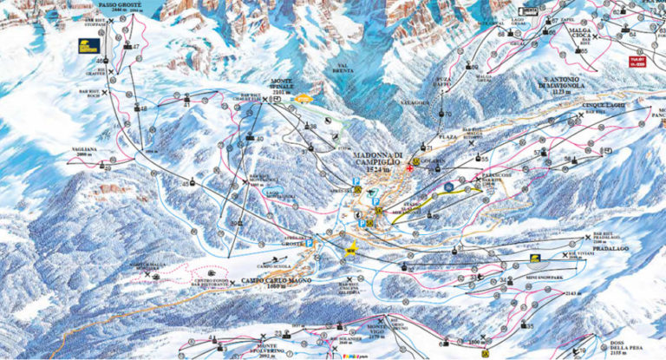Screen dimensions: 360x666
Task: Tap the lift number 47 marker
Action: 135,46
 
